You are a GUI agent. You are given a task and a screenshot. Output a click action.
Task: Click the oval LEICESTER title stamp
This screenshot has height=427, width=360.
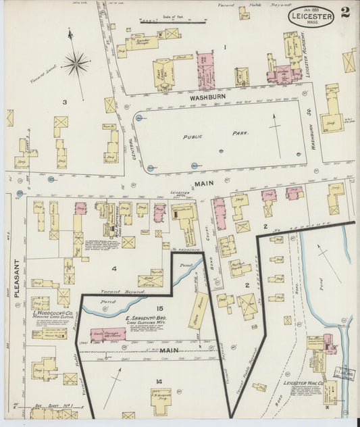(x=312, y=16)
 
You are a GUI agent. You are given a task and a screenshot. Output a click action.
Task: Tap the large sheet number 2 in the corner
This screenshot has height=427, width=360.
(x=345, y=12)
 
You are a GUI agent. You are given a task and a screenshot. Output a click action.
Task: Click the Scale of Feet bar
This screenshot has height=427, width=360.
(x=163, y=22)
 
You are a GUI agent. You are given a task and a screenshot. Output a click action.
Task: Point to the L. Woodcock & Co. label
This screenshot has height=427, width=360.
(x=52, y=313)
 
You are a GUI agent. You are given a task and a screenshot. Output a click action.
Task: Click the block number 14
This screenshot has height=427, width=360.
(x=159, y=382)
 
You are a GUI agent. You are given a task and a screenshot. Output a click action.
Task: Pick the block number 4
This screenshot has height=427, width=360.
(x=114, y=268)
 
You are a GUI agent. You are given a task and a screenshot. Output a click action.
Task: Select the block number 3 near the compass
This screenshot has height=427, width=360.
(x=65, y=102)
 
